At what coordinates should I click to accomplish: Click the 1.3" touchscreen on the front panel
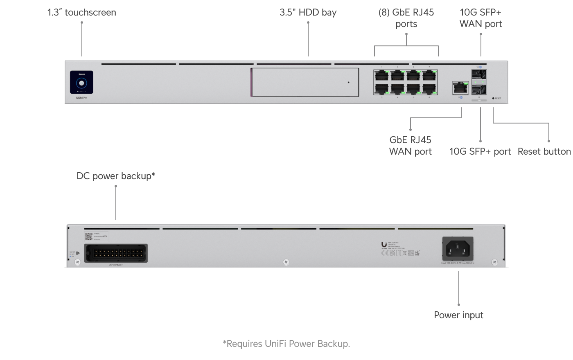tap(81, 83)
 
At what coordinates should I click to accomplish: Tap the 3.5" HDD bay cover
tap(305, 82)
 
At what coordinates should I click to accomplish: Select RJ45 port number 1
tap(381, 75)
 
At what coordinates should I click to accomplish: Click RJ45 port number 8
tap(429, 89)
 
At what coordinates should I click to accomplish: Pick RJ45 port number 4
tap(397, 89)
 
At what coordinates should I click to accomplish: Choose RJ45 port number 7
tap(429, 75)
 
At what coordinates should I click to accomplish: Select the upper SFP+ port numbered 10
tap(479, 74)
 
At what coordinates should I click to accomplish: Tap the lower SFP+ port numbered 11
tap(479, 90)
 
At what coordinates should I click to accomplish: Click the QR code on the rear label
tap(89, 236)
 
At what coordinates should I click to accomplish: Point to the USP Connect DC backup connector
tap(116, 253)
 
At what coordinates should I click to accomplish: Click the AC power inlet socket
tap(458, 248)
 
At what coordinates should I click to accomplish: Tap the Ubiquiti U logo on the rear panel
tap(384, 245)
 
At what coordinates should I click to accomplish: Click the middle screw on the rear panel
tap(286, 262)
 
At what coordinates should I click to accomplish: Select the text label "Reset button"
tap(544, 151)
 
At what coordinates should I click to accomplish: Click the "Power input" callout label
tap(458, 315)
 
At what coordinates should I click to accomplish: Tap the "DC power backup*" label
tap(116, 176)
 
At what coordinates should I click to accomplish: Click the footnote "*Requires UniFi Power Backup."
tap(286, 344)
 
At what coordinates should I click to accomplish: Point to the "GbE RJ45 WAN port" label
tap(410, 146)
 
